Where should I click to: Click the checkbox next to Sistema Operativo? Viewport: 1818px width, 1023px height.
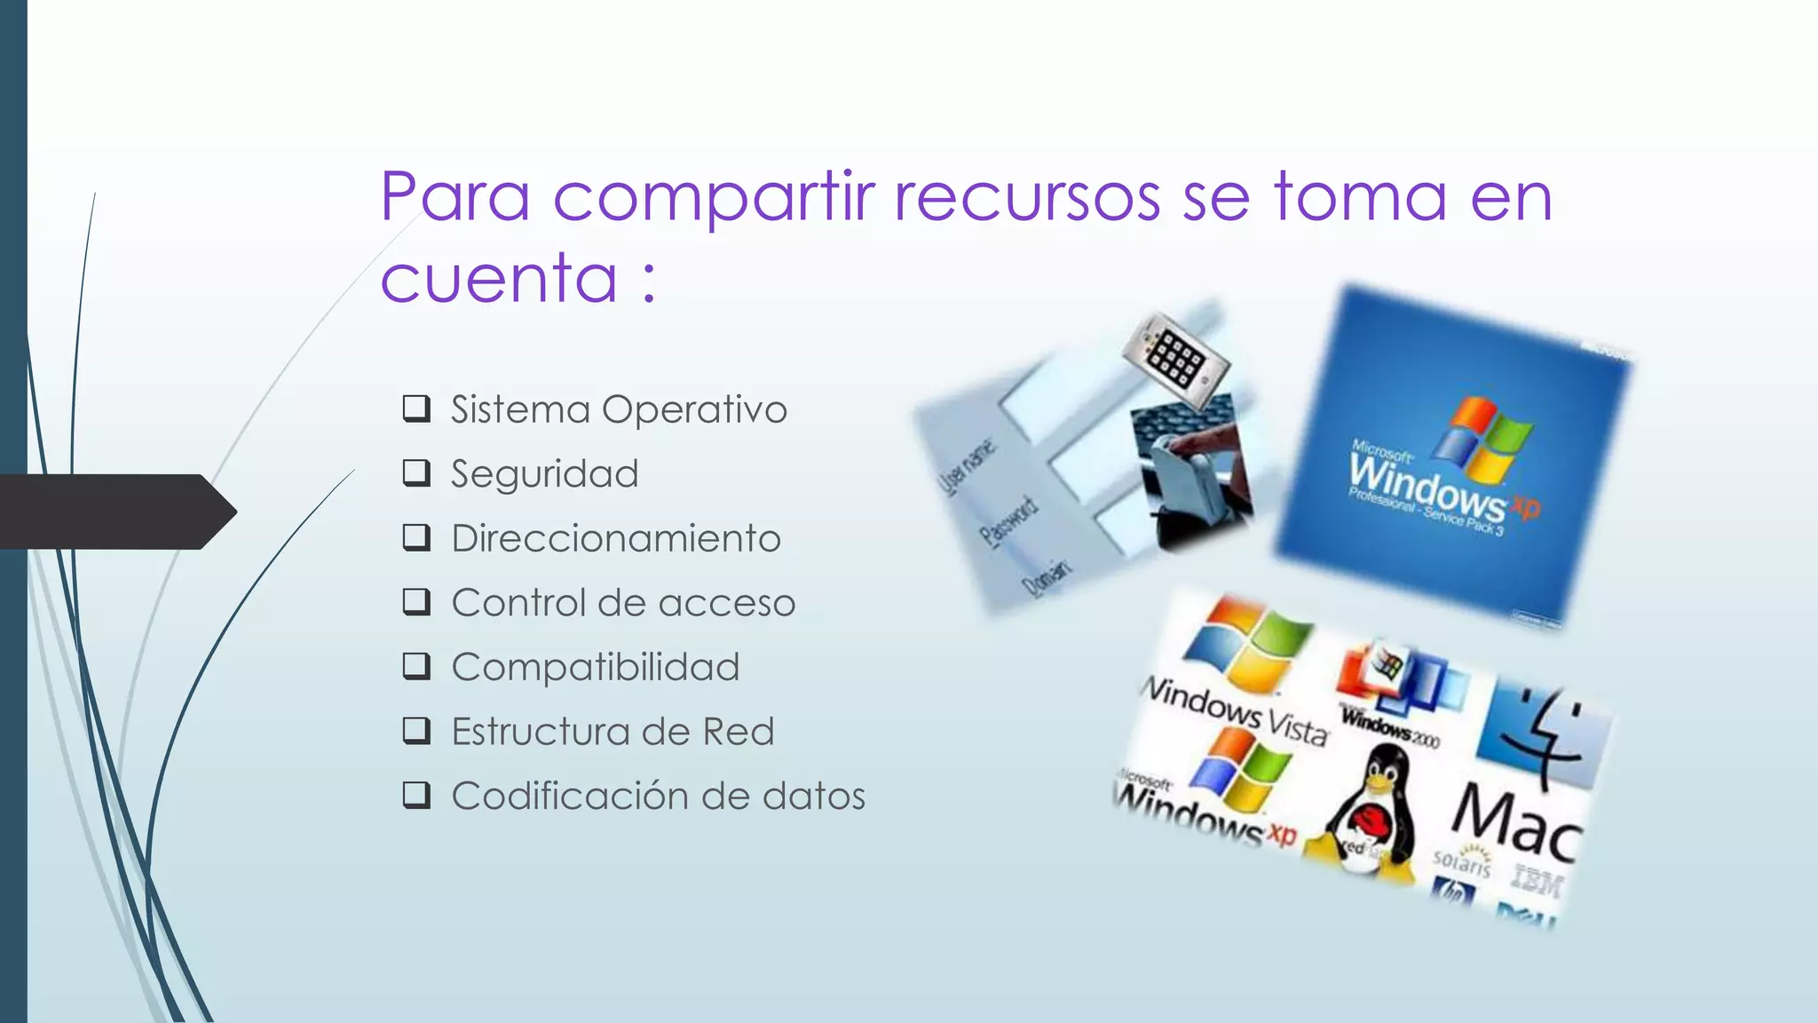[x=416, y=408]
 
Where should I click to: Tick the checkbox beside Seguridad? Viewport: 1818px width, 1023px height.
[x=416, y=472]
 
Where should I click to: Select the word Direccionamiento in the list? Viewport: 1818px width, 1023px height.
[x=616, y=538]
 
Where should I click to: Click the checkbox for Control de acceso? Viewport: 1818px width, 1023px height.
[x=416, y=602]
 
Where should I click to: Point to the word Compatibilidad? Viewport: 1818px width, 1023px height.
[x=596, y=667]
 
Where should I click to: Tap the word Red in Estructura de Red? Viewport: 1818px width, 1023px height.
[x=739, y=732]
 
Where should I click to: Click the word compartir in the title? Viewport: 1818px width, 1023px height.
[x=714, y=197]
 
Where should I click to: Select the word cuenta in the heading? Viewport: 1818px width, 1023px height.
[x=499, y=278]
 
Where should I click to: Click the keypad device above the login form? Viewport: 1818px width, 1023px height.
[x=1175, y=360]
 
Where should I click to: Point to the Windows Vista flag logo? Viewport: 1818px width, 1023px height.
[x=1247, y=644]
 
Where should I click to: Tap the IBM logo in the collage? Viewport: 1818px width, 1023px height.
[x=1537, y=881]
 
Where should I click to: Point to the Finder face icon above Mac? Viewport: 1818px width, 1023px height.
[x=1543, y=733]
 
